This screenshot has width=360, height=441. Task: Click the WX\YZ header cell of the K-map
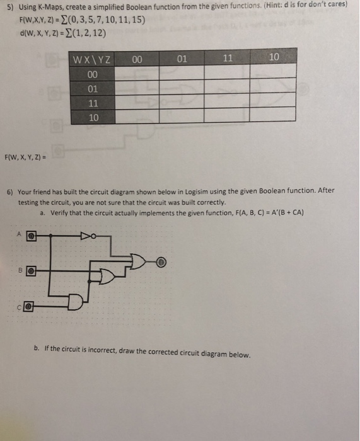tap(92, 60)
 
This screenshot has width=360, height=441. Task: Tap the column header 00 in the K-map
tap(137, 60)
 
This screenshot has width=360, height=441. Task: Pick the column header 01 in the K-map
tap(182, 60)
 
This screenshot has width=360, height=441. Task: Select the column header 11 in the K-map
tap(228, 60)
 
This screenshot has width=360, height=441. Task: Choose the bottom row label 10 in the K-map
tap(92, 117)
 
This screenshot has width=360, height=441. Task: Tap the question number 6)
tap(9, 190)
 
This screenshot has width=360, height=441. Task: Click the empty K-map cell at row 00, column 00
tap(137, 74)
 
